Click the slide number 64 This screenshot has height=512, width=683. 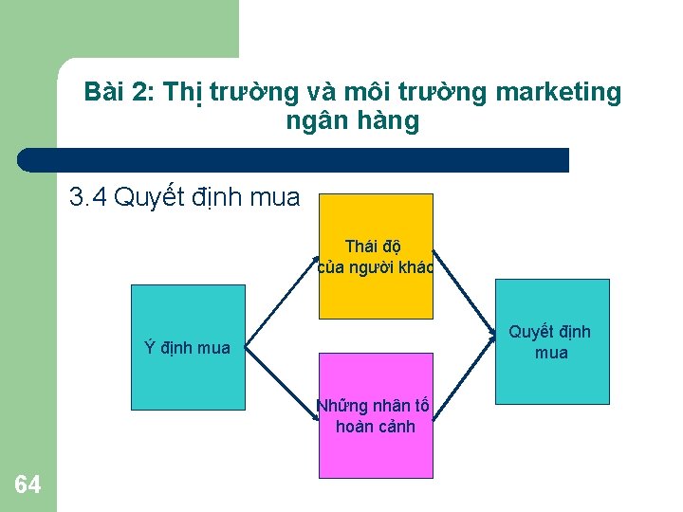tap(28, 485)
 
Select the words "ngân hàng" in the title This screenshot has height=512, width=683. tap(352, 121)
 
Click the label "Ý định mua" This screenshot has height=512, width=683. tap(187, 348)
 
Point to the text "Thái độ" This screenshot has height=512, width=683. tap(373, 247)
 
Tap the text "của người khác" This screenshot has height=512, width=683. tap(376, 267)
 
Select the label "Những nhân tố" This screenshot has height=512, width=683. tap(373, 407)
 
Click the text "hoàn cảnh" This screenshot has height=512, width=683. tap(376, 427)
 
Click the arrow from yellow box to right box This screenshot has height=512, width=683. tap(466, 295)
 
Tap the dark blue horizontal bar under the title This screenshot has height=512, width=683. tap(294, 160)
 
